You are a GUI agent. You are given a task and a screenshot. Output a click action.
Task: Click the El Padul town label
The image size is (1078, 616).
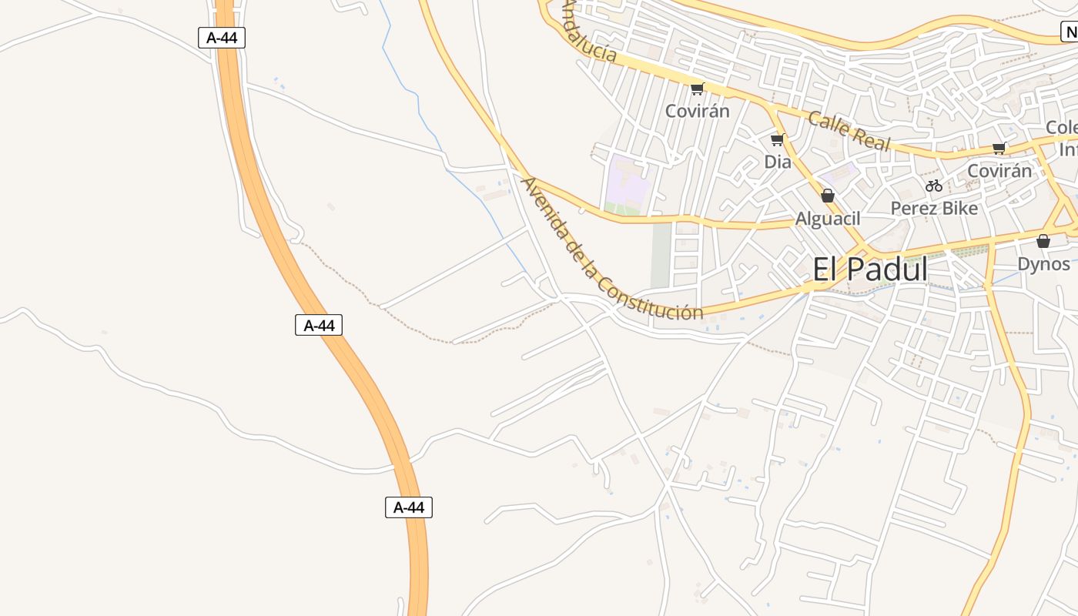[870, 269]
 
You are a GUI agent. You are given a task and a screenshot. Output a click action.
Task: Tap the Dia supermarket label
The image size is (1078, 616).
[778, 162]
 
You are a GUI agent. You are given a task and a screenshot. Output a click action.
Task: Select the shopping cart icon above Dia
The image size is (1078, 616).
[777, 139]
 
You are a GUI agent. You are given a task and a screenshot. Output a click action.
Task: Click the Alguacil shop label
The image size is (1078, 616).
[828, 219]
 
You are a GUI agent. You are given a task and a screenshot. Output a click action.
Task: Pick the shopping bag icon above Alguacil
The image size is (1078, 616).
[828, 196]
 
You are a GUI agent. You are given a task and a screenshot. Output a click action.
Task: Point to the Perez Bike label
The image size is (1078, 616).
[934, 208]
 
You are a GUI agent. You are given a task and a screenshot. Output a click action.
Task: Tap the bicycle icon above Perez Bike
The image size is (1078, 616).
[934, 186]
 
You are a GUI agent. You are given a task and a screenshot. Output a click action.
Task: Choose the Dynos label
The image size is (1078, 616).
[1043, 264]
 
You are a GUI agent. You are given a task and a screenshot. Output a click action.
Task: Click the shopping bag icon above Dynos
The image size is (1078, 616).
[1043, 241]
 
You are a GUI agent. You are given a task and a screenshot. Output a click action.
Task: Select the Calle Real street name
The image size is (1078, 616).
[849, 131]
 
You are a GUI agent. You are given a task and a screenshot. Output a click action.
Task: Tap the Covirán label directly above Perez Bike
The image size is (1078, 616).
[999, 171]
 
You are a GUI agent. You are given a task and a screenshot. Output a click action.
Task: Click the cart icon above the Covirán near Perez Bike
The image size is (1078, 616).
[999, 148]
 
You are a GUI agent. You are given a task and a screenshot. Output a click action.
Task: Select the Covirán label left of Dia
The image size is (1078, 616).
[697, 111]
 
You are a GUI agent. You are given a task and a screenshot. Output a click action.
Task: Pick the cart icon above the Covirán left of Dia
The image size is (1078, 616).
[697, 89]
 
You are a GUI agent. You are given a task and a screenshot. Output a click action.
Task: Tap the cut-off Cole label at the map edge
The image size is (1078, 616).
[1063, 127]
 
